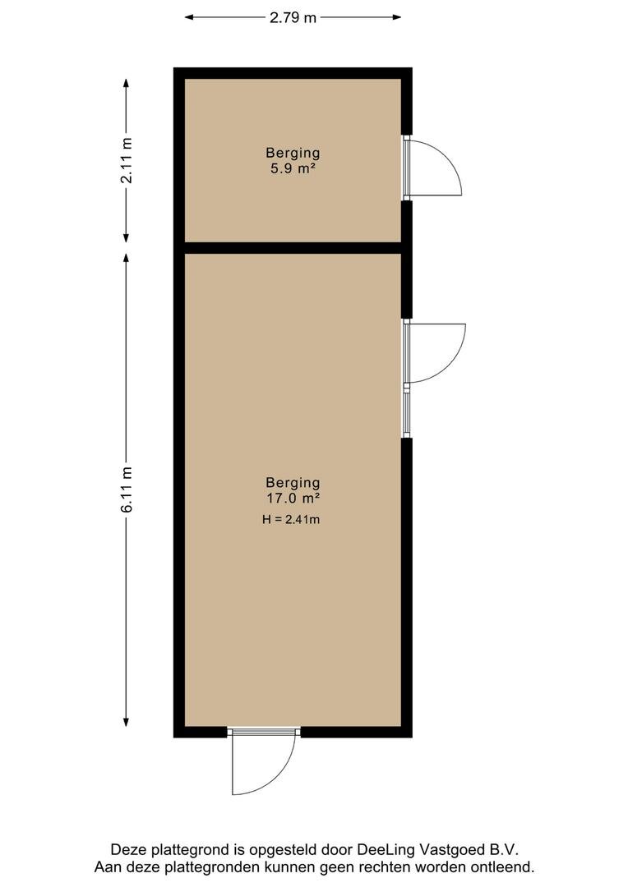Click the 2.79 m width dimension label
tap(293, 17)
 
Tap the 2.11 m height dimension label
tap(127, 161)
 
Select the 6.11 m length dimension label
tap(127, 489)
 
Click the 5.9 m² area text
tap(292, 168)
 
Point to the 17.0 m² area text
tap(293, 499)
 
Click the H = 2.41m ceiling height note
tap(291, 519)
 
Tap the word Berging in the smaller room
tap(293, 153)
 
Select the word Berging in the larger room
tap(293, 483)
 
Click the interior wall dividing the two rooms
tap(293, 248)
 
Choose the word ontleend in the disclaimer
tap(505, 866)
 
